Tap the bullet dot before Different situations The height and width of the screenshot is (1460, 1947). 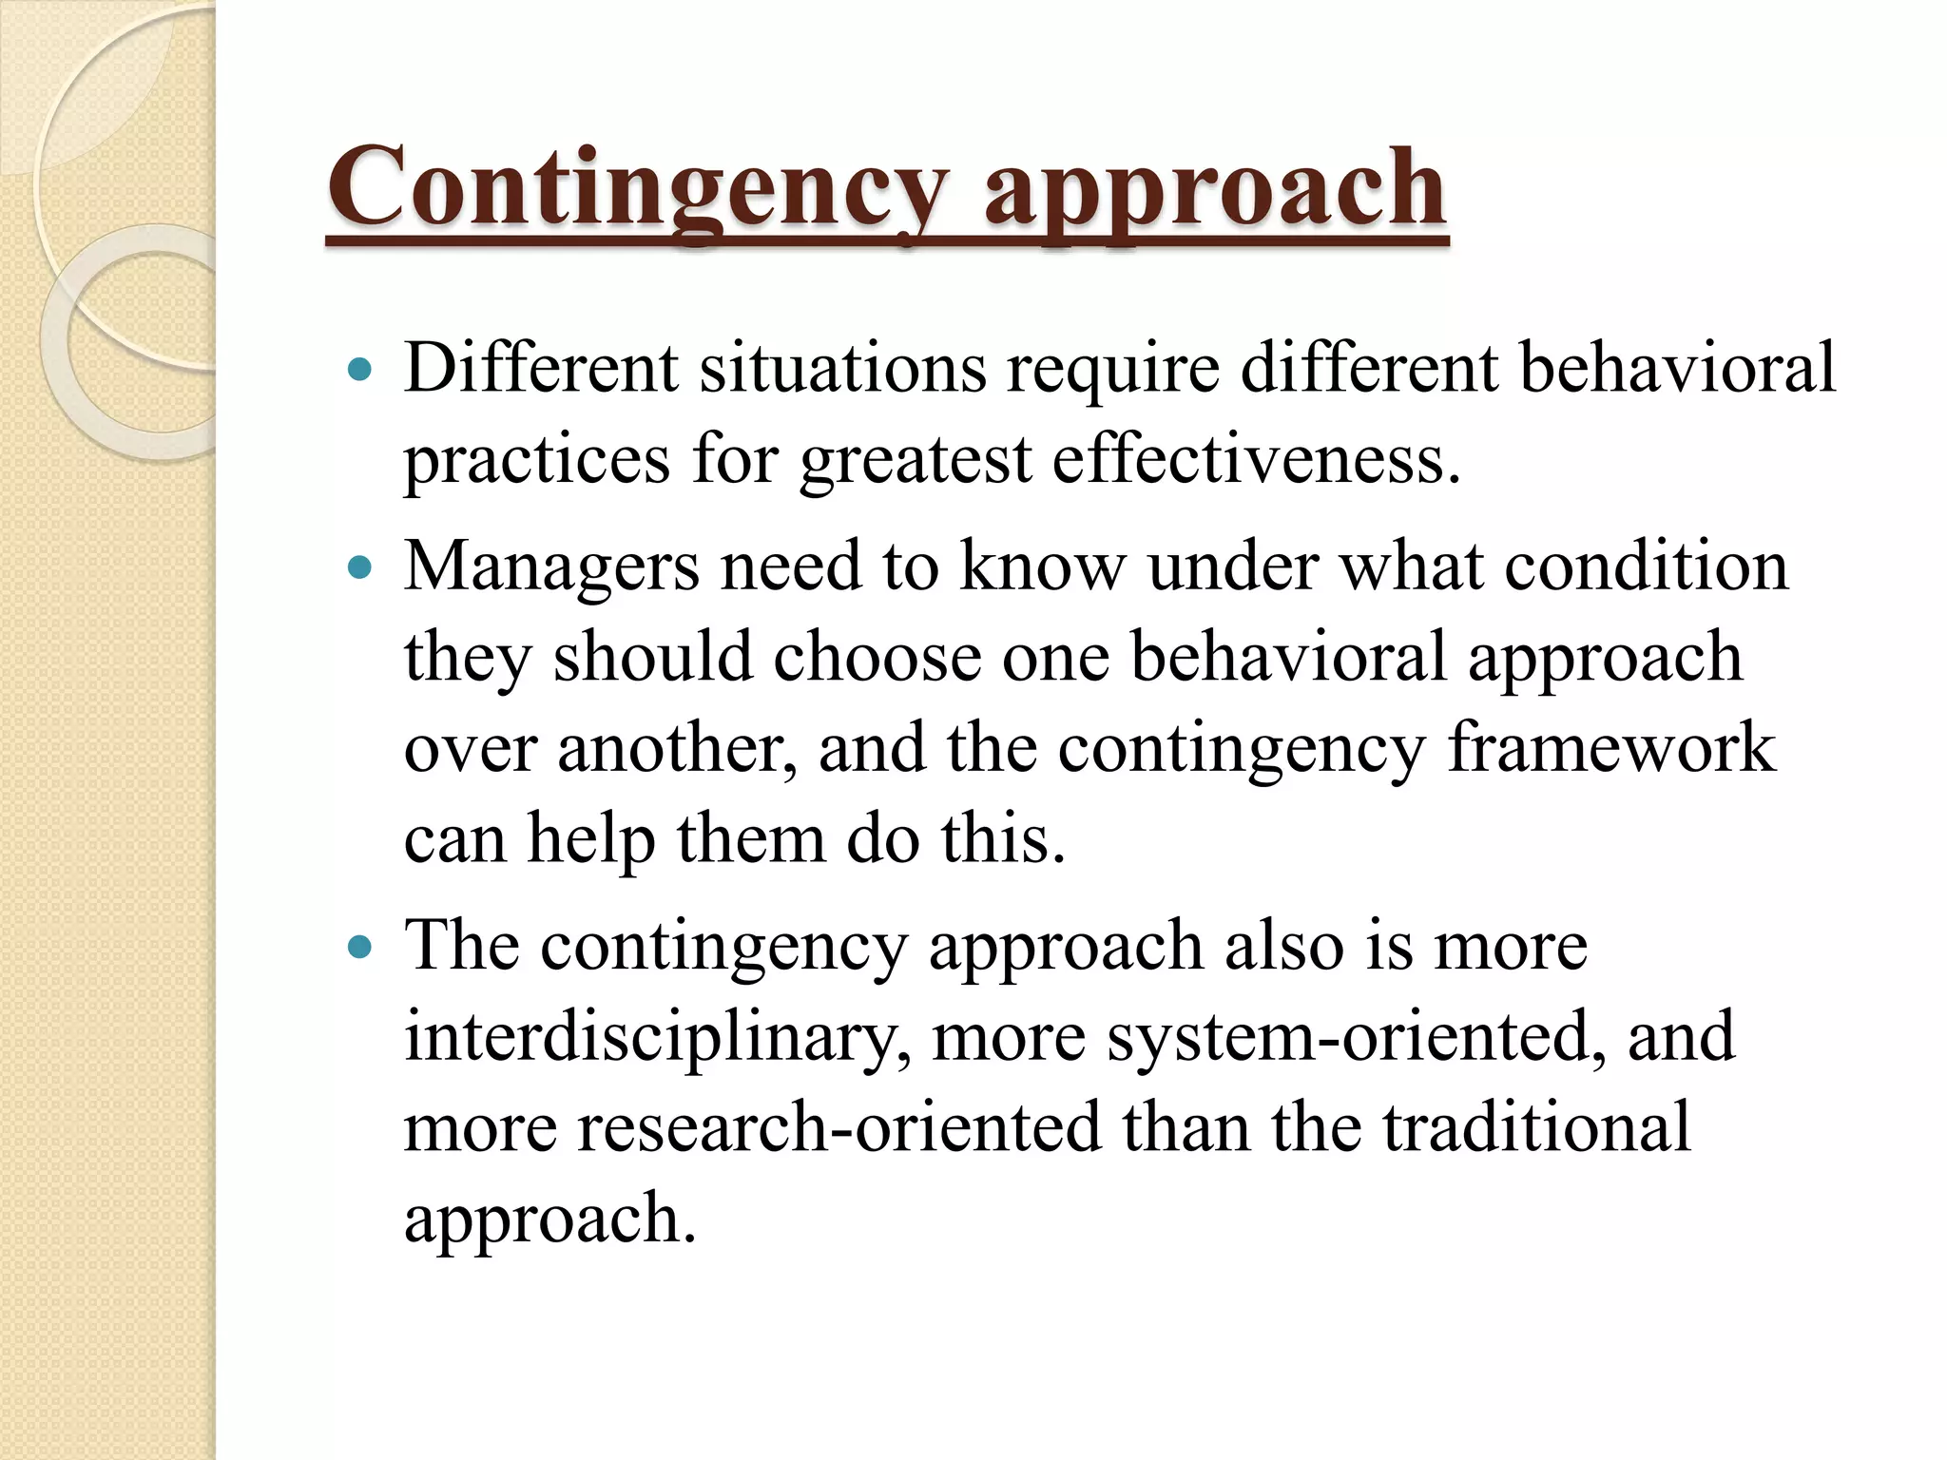tap(359, 370)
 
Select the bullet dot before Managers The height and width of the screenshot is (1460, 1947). tap(359, 568)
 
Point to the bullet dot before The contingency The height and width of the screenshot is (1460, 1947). tap(359, 948)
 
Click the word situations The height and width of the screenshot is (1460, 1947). tap(842, 368)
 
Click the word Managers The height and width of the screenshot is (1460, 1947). tap(551, 567)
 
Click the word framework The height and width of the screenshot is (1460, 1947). tap(1610, 748)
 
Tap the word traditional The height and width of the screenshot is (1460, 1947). tap(1536, 1128)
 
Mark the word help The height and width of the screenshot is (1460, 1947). tap(590, 840)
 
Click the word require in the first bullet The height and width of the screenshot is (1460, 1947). tap(1113, 370)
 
